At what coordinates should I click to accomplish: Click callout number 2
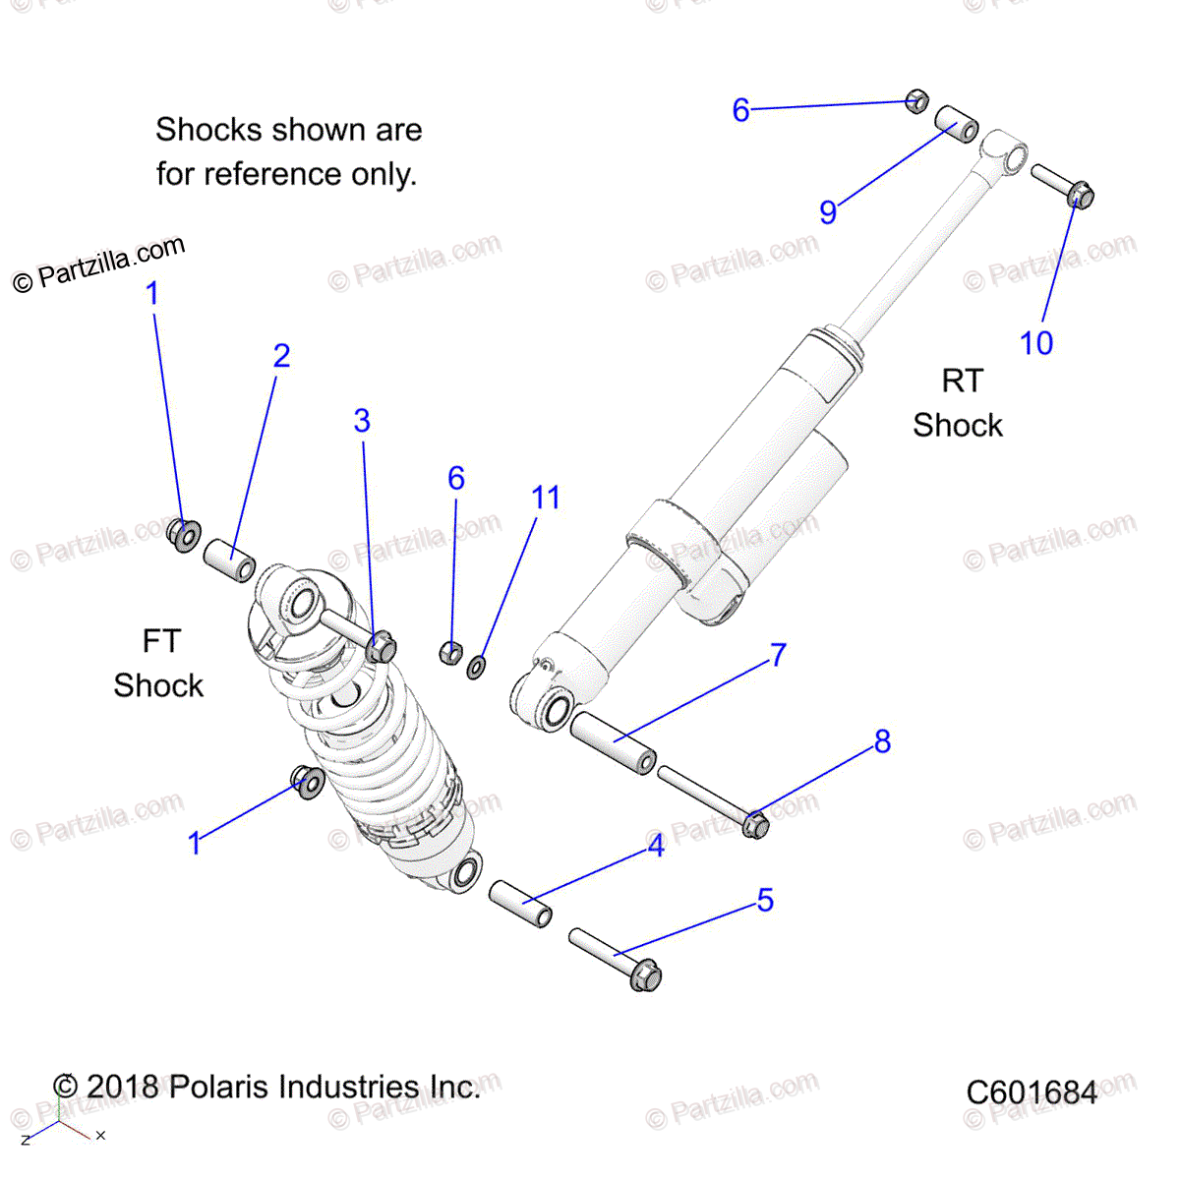(x=281, y=356)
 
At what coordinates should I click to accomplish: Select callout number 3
(x=362, y=421)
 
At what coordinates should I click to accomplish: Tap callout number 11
(x=546, y=498)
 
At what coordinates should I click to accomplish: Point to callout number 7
(x=778, y=655)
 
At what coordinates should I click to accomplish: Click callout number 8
(x=882, y=741)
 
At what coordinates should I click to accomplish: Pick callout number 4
(x=656, y=846)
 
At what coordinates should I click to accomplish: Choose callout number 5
(x=765, y=900)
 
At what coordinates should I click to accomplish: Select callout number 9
(x=828, y=211)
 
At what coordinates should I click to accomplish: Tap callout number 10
(x=1036, y=343)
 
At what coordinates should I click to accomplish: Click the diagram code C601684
(x=1032, y=1092)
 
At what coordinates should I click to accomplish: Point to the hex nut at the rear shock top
(x=915, y=100)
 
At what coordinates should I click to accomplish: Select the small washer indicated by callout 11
(x=476, y=668)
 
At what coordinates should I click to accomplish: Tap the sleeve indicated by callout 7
(x=613, y=742)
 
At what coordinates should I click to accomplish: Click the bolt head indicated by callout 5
(x=644, y=975)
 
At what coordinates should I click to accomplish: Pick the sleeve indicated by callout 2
(x=229, y=560)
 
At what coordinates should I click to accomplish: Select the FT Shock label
(x=159, y=664)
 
